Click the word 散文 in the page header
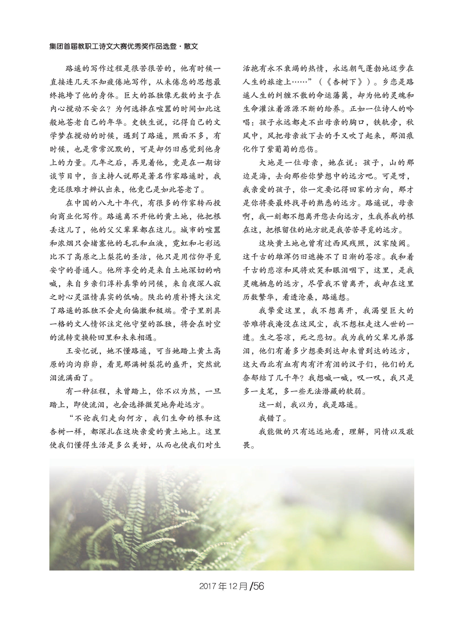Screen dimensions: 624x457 (191, 46)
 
